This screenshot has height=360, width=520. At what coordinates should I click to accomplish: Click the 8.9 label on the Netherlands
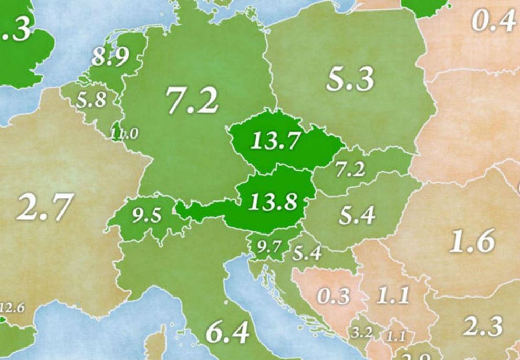point(110,57)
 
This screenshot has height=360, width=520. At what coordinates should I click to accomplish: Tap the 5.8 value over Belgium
point(91,100)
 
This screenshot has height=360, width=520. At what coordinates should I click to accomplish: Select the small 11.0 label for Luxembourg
point(124,134)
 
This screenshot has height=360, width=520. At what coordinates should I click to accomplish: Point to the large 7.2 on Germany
point(192,100)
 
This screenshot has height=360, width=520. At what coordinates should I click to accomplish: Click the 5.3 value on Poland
point(350,80)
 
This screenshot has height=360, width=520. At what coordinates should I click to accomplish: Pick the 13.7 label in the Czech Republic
point(275,141)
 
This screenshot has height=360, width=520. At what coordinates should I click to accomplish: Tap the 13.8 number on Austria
point(273,202)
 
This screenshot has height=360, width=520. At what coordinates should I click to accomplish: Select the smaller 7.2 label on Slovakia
point(350,169)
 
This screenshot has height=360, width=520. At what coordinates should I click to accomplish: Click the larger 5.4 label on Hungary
point(357,215)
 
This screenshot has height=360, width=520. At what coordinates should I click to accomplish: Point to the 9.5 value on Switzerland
point(147,216)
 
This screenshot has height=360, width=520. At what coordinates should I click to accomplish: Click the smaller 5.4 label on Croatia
point(307,254)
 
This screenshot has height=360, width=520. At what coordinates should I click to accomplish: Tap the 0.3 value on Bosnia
point(333,296)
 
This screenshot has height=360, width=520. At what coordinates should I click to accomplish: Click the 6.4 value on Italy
point(227,333)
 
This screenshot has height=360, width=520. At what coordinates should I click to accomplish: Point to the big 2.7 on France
point(44,207)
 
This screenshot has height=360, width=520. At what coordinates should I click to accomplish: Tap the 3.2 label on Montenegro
point(362,333)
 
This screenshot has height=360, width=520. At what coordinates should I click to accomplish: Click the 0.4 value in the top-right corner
point(493,22)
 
